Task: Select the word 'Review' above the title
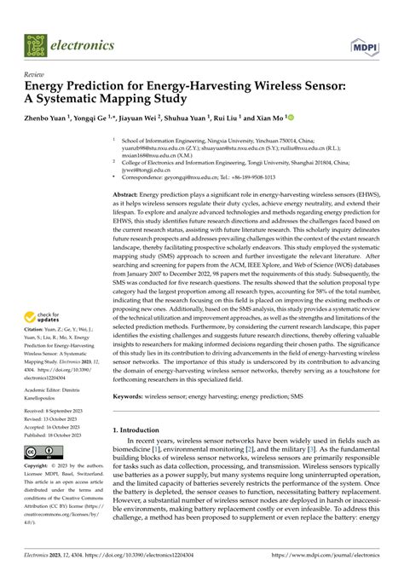coord(37,75)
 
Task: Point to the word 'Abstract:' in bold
coord(130,195)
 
